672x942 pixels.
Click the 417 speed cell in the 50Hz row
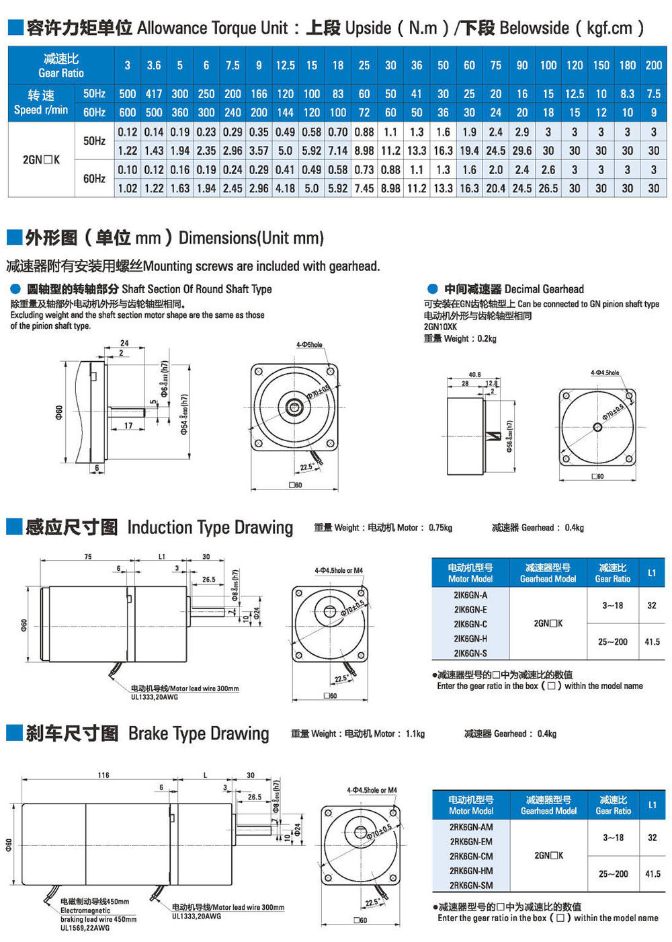[x=154, y=94]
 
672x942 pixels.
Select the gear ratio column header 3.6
[x=154, y=65]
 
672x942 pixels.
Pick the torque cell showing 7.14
[x=338, y=151]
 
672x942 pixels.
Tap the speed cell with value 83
[x=338, y=94]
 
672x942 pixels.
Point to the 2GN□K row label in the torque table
[x=41, y=160]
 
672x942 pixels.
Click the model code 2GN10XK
[x=440, y=327]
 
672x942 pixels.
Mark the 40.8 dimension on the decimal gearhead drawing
[x=474, y=375]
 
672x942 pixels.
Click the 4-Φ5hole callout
[x=309, y=345]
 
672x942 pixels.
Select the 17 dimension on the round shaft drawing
[x=128, y=426]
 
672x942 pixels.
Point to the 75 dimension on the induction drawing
[x=88, y=557]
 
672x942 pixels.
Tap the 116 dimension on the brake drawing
[x=103, y=775]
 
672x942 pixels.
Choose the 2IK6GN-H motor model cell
[x=470, y=639]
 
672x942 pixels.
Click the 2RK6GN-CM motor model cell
[x=471, y=857]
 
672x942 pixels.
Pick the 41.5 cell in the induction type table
[x=652, y=642]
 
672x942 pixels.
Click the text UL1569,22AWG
[x=85, y=928]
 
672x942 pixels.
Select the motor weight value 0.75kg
[x=440, y=528]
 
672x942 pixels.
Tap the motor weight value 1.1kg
[x=415, y=734]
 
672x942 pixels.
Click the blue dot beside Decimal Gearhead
[x=433, y=289]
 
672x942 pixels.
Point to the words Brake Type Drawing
[x=198, y=734]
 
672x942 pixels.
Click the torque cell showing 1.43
[x=154, y=151]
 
